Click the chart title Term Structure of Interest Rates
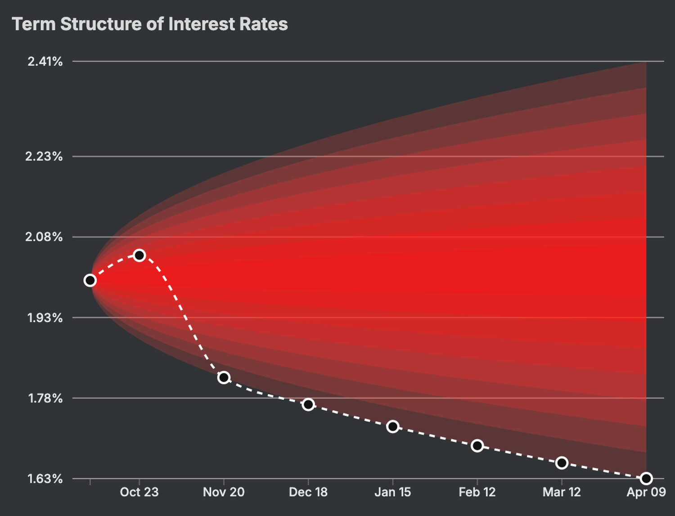(149, 24)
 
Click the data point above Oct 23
(139, 256)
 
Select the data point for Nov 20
(224, 377)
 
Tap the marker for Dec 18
(308, 404)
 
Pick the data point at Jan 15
(393, 426)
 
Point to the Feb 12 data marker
(477, 446)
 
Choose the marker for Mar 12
(562, 463)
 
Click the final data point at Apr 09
(646, 478)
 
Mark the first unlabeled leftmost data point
(90, 281)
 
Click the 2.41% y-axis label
(45, 62)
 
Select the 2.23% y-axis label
(44, 157)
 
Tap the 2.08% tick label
(44, 237)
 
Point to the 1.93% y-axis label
(45, 318)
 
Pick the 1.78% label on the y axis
(45, 398)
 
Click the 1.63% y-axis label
(45, 479)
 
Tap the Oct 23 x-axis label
(139, 492)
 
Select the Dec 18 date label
(308, 492)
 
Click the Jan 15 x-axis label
(393, 492)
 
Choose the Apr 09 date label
(646, 492)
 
